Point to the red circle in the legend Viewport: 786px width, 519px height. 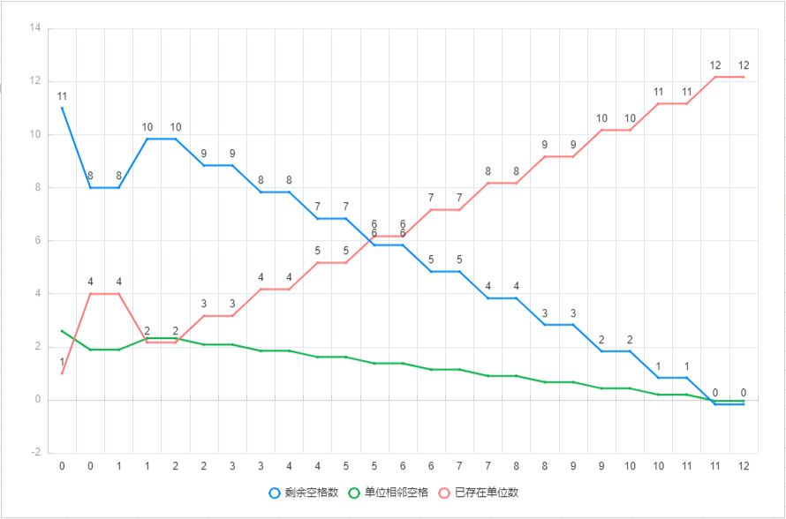pyautogui.click(x=445, y=492)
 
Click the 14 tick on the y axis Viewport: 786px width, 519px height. pyautogui.click(x=35, y=28)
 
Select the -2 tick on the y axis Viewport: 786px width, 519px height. pyautogui.click(x=35, y=453)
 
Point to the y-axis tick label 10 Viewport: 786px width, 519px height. pyautogui.click(x=35, y=134)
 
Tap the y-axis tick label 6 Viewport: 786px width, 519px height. pyautogui.click(x=38, y=240)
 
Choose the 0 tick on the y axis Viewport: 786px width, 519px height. pyautogui.click(x=38, y=400)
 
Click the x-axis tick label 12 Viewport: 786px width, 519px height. pyautogui.click(x=744, y=465)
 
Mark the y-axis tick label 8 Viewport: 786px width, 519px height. pyautogui.click(x=38, y=187)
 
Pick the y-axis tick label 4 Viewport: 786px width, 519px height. pyautogui.click(x=38, y=294)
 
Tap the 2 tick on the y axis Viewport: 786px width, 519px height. pyautogui.click(x=38, y=347)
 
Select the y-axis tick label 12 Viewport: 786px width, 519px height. pyautogui.click(x=35, y=81)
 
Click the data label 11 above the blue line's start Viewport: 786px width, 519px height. pyautogui.click(x=62, y=96)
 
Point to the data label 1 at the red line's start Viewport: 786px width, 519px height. pyautogui.click(x=62, y=362)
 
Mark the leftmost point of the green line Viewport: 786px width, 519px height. pyautogui.click(x=62, y=331)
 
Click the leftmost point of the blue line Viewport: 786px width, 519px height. pyautogui.click(x=62, y=108)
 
